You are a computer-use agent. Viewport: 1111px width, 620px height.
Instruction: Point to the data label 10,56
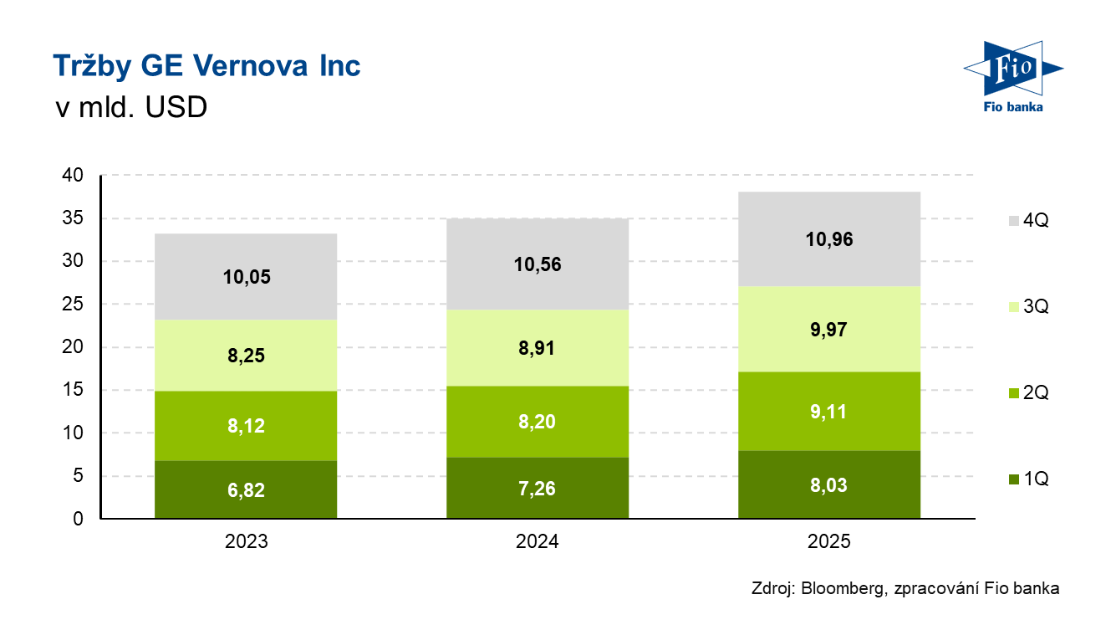click(538, 265)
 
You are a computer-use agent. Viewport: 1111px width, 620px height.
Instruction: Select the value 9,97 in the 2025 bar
click(828, 330)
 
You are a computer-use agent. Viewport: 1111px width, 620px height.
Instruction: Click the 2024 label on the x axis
click(538, 542)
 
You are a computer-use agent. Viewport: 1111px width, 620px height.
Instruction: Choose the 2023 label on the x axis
click(246, 542)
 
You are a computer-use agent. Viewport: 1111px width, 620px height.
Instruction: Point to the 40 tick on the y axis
click(74, 176)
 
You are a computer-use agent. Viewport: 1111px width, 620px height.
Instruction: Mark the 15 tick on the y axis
click(74, 391)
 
